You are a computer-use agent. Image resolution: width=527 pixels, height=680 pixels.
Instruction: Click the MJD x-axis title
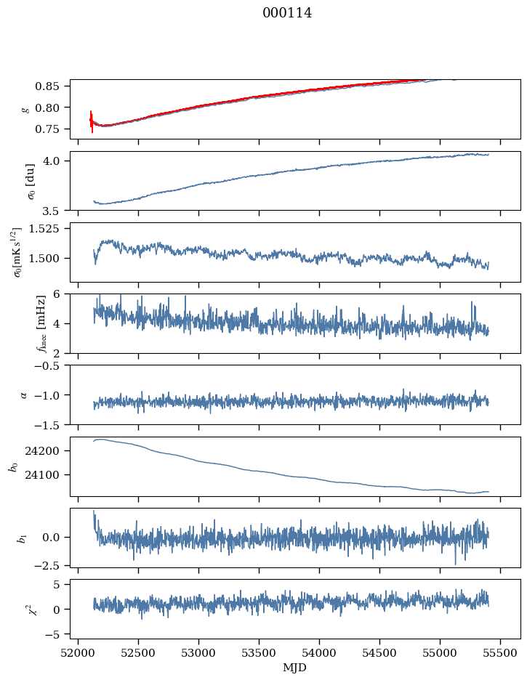click(x=294, y=668)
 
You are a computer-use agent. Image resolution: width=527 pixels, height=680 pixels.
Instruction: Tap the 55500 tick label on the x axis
click(x=500, y=652)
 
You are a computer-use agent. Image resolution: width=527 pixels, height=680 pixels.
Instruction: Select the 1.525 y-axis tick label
click(x=48, y=229)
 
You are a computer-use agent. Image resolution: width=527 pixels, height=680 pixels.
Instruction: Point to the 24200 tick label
click(x=49, y=451)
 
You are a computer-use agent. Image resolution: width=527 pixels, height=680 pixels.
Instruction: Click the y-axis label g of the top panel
click(x=27, y=109)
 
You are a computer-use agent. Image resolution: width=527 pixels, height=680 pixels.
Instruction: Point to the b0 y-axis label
click(x=12, y=466)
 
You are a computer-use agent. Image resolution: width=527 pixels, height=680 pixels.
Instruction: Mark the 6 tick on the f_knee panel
click(x=61, y=294)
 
